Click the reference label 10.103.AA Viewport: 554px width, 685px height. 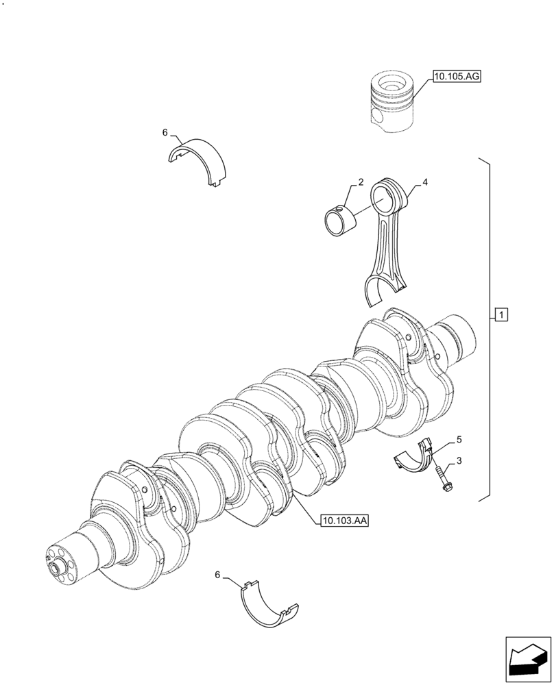(x=344, y=521)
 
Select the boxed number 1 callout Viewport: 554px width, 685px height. (x=501, y=315)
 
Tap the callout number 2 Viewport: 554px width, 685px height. (x=360, y=183)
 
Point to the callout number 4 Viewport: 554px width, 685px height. (x=425, y=182)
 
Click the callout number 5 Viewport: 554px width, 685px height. (x=459, y=438)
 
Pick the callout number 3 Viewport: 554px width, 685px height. (x=459, y=461)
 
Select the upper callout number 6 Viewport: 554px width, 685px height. (x=165, y=132)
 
